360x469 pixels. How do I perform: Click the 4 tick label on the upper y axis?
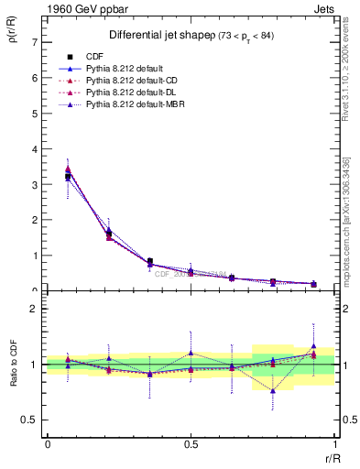(x=34, y=149)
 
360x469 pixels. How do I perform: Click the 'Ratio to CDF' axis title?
(x=16, y=384)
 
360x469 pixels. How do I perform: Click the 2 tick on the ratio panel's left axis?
(x=34, y=309)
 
